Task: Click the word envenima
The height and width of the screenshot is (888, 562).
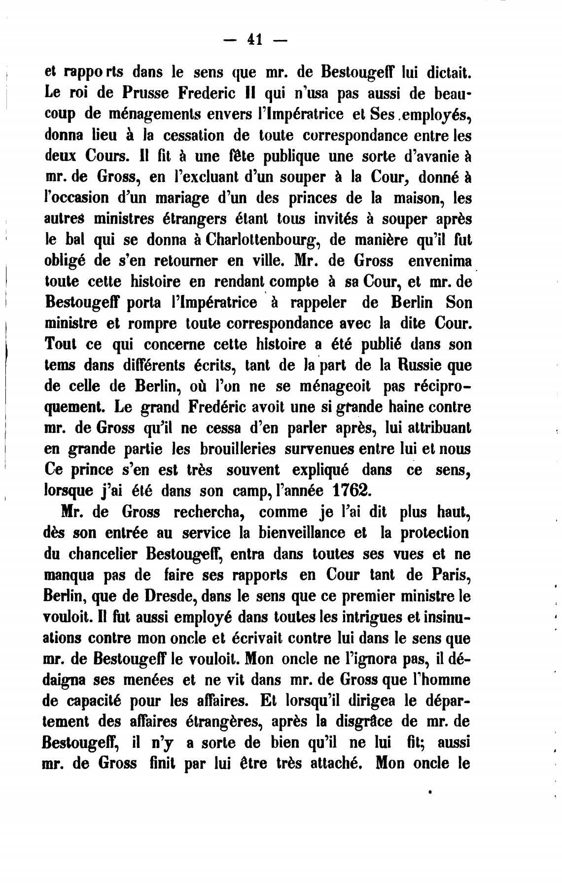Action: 438,260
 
